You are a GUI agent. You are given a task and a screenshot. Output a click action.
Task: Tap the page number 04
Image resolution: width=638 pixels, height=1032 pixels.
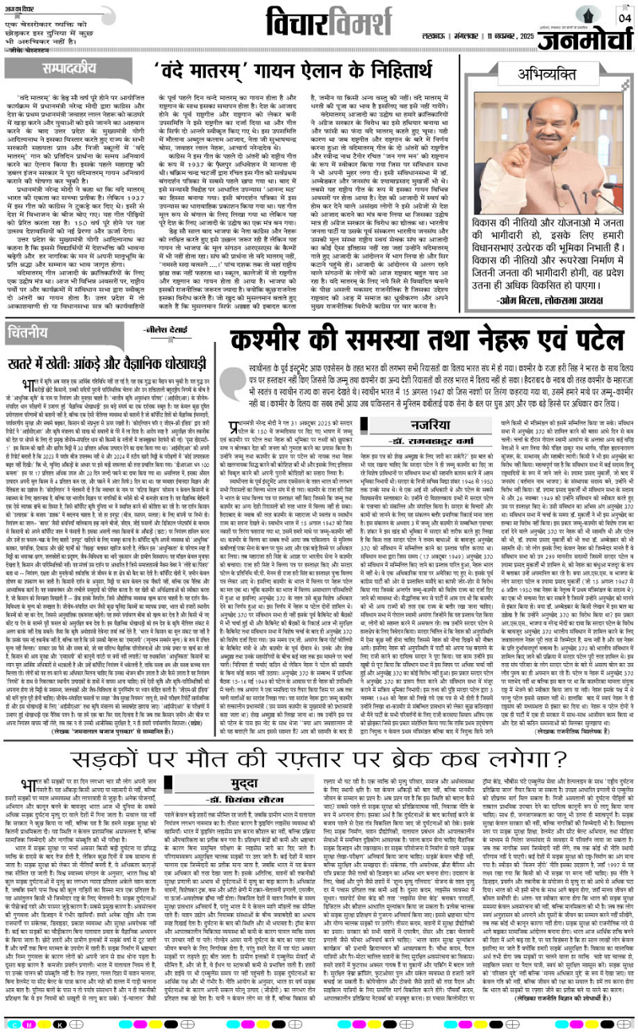pyautogui.click(x=624, y=17)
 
